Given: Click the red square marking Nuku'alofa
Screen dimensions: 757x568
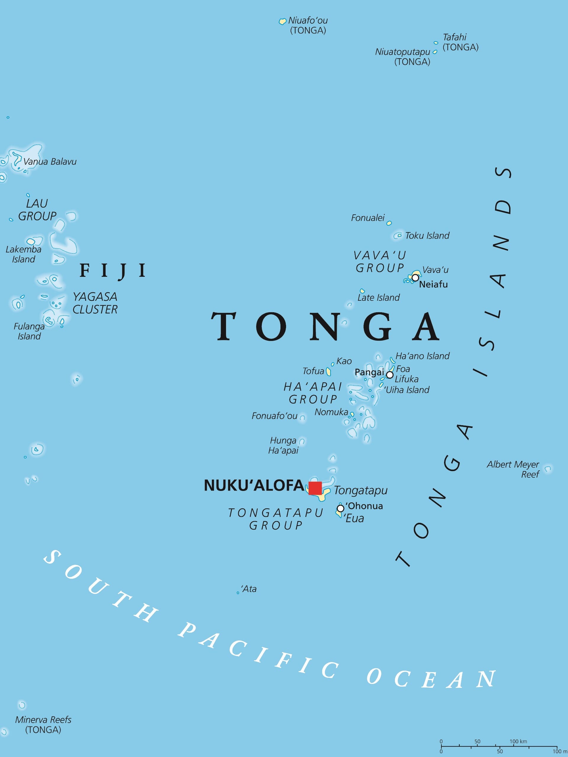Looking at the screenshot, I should [315, 488].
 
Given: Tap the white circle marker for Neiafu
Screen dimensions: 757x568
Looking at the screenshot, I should [415, 278].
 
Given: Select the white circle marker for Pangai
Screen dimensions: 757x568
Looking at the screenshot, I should [390, 375].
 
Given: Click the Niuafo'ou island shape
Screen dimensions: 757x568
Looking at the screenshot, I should [283, 22].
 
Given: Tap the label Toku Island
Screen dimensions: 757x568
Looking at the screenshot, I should [427, 235].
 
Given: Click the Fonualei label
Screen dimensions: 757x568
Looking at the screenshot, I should [368, 218].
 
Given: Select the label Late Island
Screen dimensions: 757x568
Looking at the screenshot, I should [378, 297].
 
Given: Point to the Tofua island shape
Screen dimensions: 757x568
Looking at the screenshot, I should [328, 372].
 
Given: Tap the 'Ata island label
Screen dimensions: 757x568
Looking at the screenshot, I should [249, 589].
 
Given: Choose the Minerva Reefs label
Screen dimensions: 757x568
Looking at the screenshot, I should [43, 724].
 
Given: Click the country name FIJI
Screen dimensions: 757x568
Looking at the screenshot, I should [113, 271].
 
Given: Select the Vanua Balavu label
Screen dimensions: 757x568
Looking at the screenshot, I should [50, 161].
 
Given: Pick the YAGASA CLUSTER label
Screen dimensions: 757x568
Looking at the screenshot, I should [95, 303].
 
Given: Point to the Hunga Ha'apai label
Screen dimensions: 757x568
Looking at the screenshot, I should [283, 445].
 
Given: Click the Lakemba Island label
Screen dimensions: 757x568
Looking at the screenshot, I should [23, 254].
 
